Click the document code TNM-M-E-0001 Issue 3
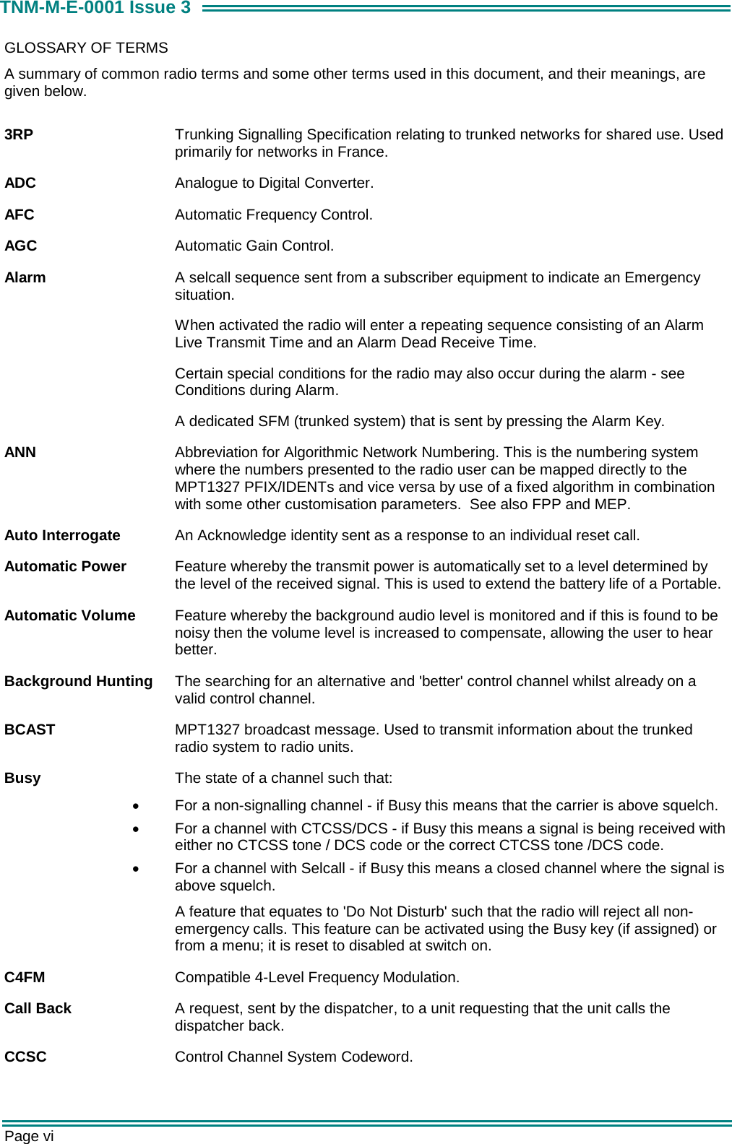pos(95,8)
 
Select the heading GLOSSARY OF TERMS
pos(86,48)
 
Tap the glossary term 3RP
pos(19,134)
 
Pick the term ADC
pos(20,183)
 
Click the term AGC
pos(20,246)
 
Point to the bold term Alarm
pos(25,277)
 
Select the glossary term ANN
pos(20,452)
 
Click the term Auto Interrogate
pos(62,535)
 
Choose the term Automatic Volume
pos(69,615)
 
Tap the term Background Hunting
pos(78,681)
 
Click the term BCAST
pos(30,729)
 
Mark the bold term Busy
pos(22,778)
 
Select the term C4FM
pos(25,977)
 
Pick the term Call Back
pos(38,1008)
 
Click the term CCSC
pos(25,1057)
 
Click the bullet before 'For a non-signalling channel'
pos(136,806)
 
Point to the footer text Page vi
pos(29,1136)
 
